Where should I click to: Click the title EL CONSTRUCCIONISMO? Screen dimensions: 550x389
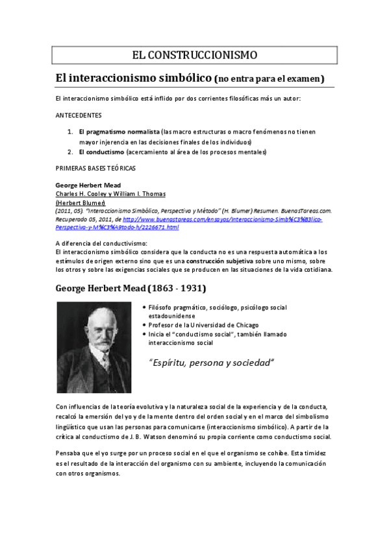pyautogui.click(x=194, y=54)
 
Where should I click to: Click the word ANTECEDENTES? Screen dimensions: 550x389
pyautogui.click(x=79, y=115)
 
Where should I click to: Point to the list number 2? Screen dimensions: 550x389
pyautogui.click(x=70, y=152)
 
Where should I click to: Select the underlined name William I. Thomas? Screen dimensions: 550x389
pyautogui.click(x=141, y=193)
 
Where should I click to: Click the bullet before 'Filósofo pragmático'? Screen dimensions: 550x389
pyautogui.click(x=144, y=307)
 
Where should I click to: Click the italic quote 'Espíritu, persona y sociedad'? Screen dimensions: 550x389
pyautogui.click(x=212, y=362)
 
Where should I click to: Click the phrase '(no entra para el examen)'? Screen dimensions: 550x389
pyautogui.click(x=269, y=79)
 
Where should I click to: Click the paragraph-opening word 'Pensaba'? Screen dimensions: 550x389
pyautogui.click(x=69, y=452)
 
